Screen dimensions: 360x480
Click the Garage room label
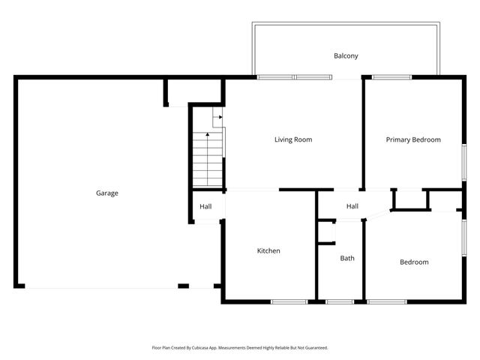click(106, 193)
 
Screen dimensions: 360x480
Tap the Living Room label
click(292, 139)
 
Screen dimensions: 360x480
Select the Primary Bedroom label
click(413, 139)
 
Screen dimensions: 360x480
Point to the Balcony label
click(346, 55)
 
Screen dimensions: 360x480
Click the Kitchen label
click(268, 250)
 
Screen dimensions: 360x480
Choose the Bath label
click(347, 258)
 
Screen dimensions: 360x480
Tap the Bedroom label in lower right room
click(414, 262)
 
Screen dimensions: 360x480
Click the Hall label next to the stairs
click(205, 207)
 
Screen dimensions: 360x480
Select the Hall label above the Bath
click(352, 207)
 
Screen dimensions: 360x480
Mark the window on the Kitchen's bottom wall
click(288, 301)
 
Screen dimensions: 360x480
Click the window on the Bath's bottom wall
click(340, 301)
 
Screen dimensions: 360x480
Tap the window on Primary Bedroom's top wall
click(391, 77)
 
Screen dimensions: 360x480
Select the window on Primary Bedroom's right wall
click(463, 163)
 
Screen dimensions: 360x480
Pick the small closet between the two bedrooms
click(409, 199)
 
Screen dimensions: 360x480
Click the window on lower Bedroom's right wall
click(463, 241)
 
